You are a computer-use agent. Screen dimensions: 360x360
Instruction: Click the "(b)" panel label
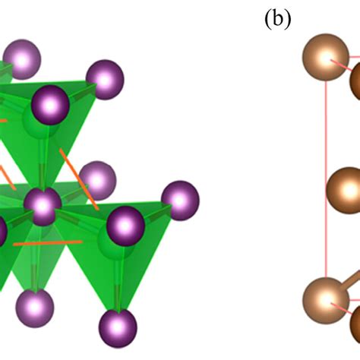(278, 19)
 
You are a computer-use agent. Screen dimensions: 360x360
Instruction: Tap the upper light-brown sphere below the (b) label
(326, 57)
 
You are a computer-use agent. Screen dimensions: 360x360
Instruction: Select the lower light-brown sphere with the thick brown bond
(326, 301)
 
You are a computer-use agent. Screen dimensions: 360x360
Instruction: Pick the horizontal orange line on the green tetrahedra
(48, 243)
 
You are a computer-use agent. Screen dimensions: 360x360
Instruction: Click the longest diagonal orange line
(79, 179)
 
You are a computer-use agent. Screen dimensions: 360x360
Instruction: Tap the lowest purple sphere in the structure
(118, 329)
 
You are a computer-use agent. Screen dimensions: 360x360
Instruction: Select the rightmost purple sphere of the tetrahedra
(180, 201)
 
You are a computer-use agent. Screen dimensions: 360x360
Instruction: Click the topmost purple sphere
(22, 59)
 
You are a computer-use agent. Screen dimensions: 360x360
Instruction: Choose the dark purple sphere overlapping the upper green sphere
(50, 105)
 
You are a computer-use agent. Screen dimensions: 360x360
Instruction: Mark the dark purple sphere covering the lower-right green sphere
(125, 226)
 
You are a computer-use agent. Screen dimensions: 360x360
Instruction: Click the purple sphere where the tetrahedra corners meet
(43, 207)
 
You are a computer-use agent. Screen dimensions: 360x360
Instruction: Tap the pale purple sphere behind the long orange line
(97, 180)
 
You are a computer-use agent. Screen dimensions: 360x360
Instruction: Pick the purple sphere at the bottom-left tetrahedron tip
(35, 308)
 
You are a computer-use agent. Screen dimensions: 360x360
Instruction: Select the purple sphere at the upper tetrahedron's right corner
(105, 80)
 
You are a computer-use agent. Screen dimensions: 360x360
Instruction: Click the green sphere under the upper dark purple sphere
(40, 124)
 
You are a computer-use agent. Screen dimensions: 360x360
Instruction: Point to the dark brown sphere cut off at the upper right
(355, 81)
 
